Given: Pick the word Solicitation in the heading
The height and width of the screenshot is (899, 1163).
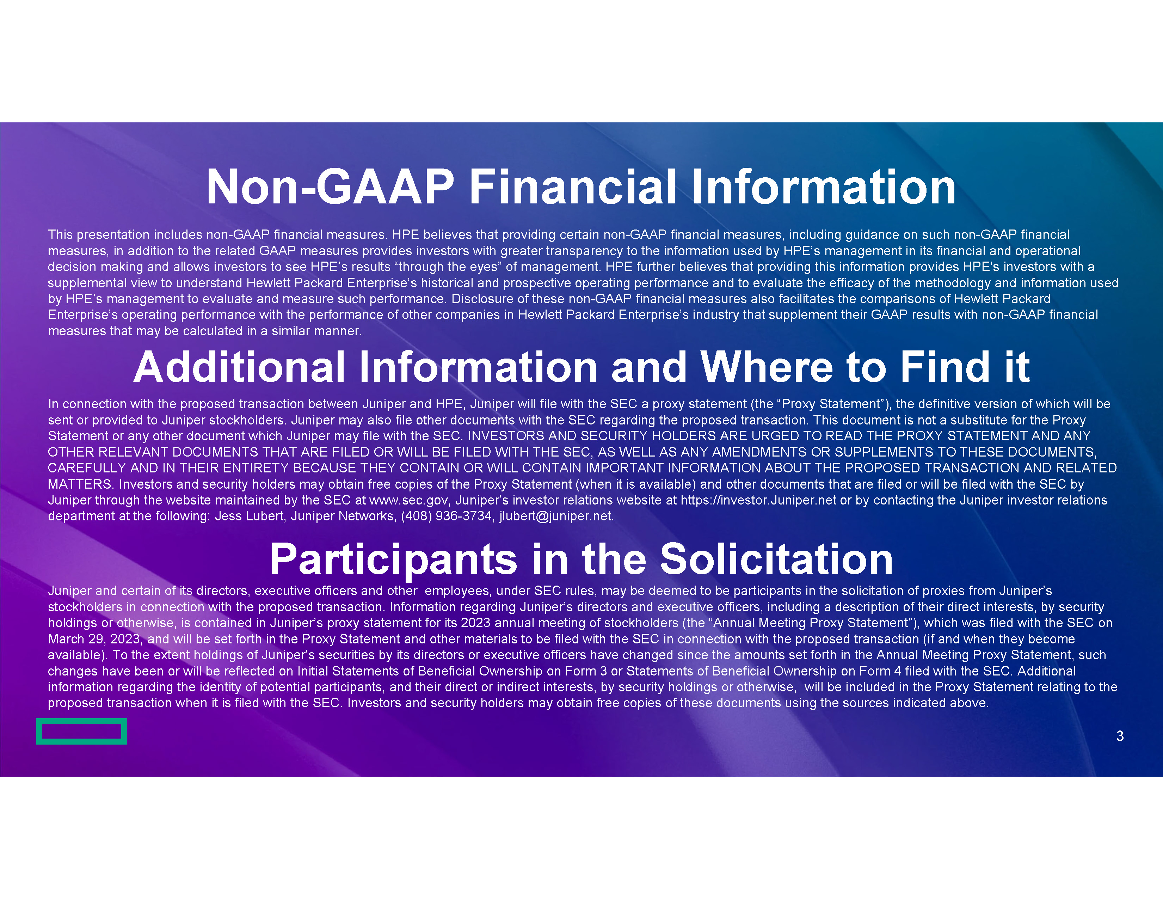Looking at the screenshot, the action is [x=776, y=559].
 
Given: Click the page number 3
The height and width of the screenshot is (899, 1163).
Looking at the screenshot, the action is [x=1120, y=736].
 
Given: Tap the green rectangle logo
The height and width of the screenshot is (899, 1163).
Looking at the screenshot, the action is [x=81, y=731].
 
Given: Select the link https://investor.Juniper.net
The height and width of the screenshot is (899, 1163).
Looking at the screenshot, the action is [x=758, y=501].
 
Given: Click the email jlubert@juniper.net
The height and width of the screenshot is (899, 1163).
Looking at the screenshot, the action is [x=555, y=516].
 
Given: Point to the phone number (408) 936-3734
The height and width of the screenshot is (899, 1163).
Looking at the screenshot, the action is [x=446, y=516].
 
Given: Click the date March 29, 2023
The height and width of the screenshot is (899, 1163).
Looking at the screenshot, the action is [x=94, y=640].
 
